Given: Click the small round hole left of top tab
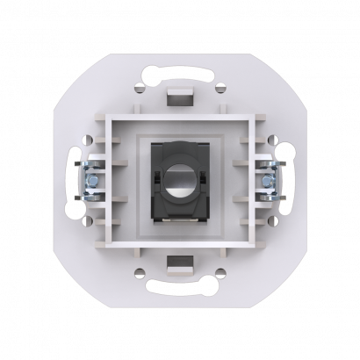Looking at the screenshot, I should point(140,87).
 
